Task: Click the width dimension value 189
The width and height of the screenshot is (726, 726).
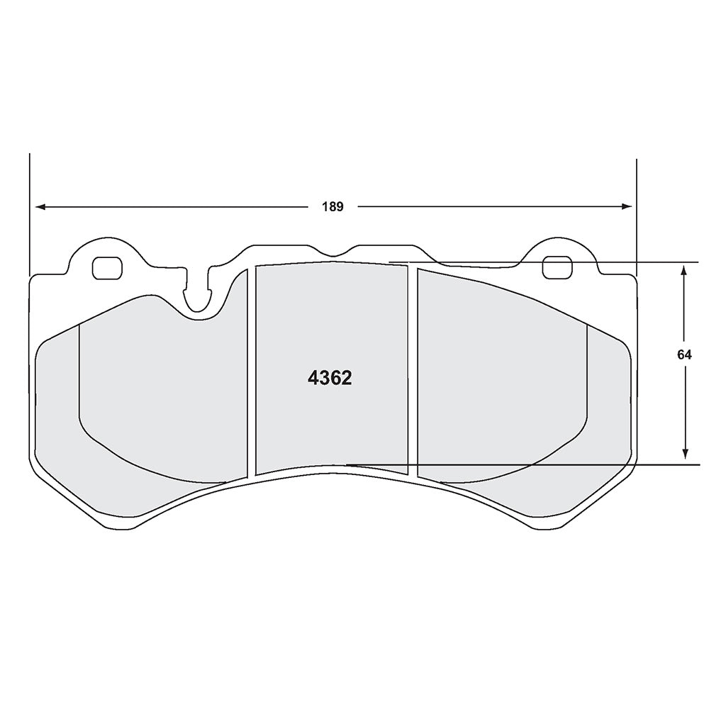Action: coord(333,207)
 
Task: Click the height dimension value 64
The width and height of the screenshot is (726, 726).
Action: coord(684,354)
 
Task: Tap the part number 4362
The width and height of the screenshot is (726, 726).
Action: coord(330,379)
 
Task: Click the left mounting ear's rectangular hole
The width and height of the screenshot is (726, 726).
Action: coord(107,268)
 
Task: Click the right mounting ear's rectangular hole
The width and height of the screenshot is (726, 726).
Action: coord(557,267)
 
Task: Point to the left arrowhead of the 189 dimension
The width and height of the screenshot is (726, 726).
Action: coord(40,207)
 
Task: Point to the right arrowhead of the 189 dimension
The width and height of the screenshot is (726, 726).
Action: coord(627,206)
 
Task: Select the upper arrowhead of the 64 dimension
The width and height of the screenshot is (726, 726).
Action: coord(684,270)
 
